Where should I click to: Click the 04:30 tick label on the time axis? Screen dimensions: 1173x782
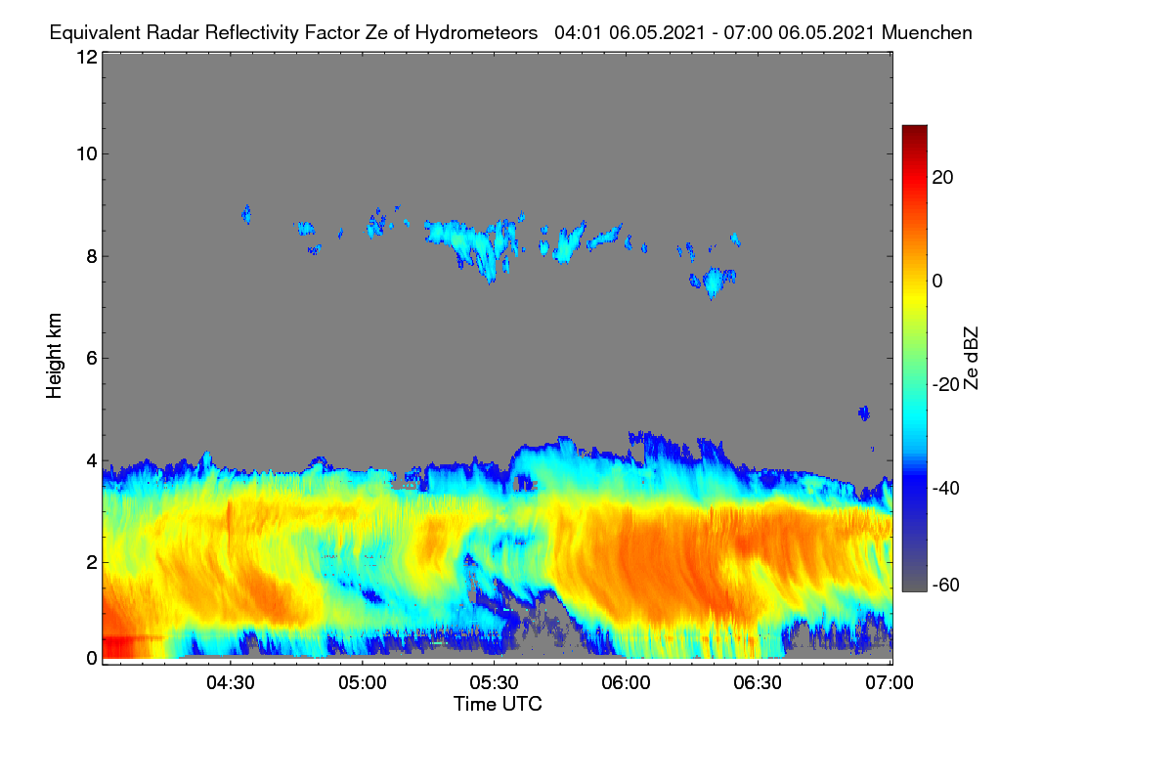click(231, 683)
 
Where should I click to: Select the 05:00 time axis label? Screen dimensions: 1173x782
click(363, 683)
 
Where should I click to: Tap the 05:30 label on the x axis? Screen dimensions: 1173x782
click(494, 683)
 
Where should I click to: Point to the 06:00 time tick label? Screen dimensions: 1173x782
click(626, 683)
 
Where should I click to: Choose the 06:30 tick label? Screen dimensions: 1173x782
click(758, 683)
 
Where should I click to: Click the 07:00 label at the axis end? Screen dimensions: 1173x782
click(890, 683)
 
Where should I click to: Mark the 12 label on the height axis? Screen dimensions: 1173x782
click(87, 57)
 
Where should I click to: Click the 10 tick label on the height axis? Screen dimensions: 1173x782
click(87, 154)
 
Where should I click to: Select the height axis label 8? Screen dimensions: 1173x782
click(92, 256)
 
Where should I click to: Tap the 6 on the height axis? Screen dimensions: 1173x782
click(92, 359)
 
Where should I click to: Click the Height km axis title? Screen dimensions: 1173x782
click(54, 356)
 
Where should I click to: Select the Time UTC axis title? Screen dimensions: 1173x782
click(498, 704)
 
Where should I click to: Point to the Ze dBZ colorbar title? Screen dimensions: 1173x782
click(971, 359)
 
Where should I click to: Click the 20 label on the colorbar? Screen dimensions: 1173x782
click(942, 178)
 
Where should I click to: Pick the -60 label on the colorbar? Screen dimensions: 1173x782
click(946, 586)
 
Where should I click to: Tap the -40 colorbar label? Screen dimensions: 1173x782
click(946, 488)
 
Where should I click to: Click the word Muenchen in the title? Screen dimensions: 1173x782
click(927, 32)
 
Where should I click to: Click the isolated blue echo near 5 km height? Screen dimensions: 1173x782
click(864, 413)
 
